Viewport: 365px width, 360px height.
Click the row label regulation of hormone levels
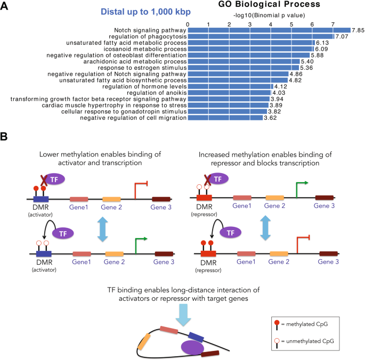[x=143, y=86]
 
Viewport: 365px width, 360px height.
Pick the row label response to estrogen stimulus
[x=144, y=68]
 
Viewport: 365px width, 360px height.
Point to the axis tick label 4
[x=271, y=24]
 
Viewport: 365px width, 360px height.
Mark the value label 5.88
[x=318, y=55]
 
